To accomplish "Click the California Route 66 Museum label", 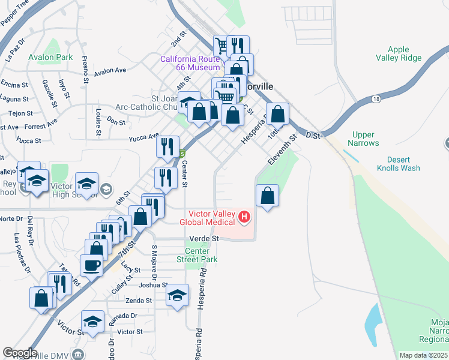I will [x=190, y=63].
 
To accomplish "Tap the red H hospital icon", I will [x=244, y=217].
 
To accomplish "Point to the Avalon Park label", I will [x=50, y=58].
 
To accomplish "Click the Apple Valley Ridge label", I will [x=398, y=54].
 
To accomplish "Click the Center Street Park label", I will [x=197, y=255].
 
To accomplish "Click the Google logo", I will [x=20, y=353].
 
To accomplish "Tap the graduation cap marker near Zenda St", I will [x=177, y=295].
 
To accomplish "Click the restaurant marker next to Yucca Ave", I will [x=167, y=146].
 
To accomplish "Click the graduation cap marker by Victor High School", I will [x=86, y=183].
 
